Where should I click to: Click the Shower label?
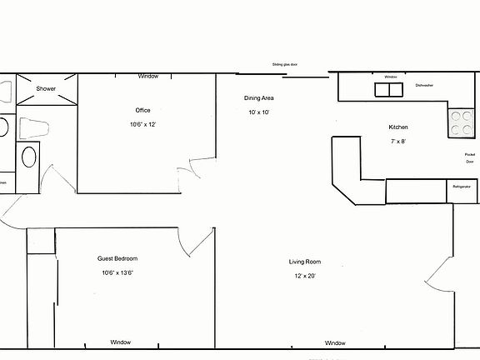(45, 87)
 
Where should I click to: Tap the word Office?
(143, 110)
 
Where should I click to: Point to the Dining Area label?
(259, 97)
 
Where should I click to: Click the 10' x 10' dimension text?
(258, 112)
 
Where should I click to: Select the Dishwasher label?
(424, 84)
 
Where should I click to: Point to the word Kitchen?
(397, 127)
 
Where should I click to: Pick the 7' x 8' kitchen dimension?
(397, 142)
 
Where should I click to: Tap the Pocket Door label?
(469, 158)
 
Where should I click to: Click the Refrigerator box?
(462, 187)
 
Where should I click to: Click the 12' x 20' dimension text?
(302, 276)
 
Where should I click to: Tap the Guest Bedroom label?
(117, 258)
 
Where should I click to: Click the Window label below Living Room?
(335, 343)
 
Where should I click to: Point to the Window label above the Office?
(148, 76)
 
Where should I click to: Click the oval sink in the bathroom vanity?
(28, 157)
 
